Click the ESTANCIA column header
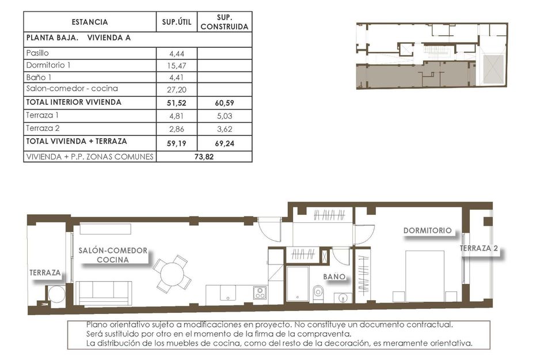click(x=89, y=22)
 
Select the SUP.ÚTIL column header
click(x=177, y=22)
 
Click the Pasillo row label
click(x=38, y=53)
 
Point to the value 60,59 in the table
click(x=225, y=103)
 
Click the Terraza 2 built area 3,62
click(x=225, y=128)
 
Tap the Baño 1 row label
click(x=39, y=77)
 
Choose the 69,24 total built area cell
click(x=225, y=141)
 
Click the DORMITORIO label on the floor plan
click(x=427, y=230)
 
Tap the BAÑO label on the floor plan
click(x=334, y=277)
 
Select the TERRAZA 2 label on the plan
click(x=479, y=248)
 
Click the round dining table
click(x=172, y=273)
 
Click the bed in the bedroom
click(x=425, y=275)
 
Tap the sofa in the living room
click(x=105, y=292)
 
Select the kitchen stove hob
click(x=260, y=293)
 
